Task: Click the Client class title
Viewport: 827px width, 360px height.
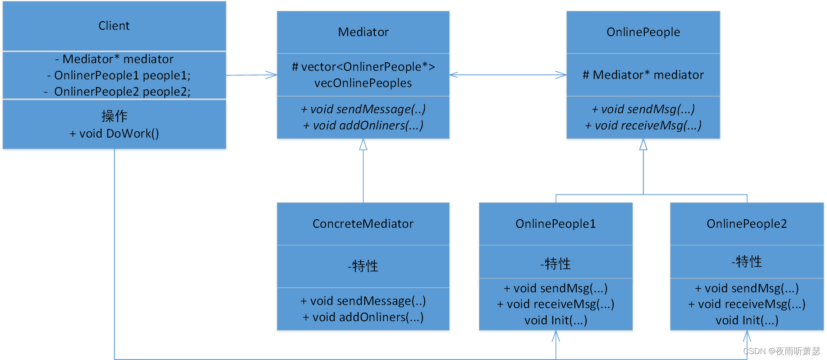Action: click(114, 26)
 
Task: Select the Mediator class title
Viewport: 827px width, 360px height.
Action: click(363, 32)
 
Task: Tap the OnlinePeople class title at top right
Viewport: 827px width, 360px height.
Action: click(643, 32)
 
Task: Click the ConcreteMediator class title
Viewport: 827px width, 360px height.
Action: click(363, 224)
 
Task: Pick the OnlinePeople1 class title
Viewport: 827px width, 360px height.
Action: click(556, 224)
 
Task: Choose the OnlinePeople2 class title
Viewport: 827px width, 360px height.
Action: click(747, 224)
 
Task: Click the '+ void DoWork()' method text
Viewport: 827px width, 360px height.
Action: click(114, 134)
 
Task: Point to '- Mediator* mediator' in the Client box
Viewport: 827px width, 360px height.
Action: click(114, 59)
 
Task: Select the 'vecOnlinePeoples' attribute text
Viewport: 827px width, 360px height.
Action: click(363, 83)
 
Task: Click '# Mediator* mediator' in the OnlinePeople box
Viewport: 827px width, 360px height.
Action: click(643, 75)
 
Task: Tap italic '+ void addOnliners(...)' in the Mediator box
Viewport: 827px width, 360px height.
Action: click(363, 125)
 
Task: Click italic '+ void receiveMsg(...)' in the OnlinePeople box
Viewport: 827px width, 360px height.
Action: click(643, 125)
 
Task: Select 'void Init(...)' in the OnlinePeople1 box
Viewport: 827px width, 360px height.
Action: click(556, 320)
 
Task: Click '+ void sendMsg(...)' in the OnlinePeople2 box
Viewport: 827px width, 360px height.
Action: click(747, 288)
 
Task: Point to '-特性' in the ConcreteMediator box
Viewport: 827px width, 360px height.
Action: click(363, 266)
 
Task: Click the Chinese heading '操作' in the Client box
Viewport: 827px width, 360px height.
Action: click(114, 116)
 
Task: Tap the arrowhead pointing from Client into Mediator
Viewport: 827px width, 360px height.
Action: click(272, 75)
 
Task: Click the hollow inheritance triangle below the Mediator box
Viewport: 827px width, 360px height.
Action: click(363, 145)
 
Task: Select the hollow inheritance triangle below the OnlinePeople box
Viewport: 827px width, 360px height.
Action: click(643, 145)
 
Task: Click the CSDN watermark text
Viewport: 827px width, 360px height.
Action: click(781, 351)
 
